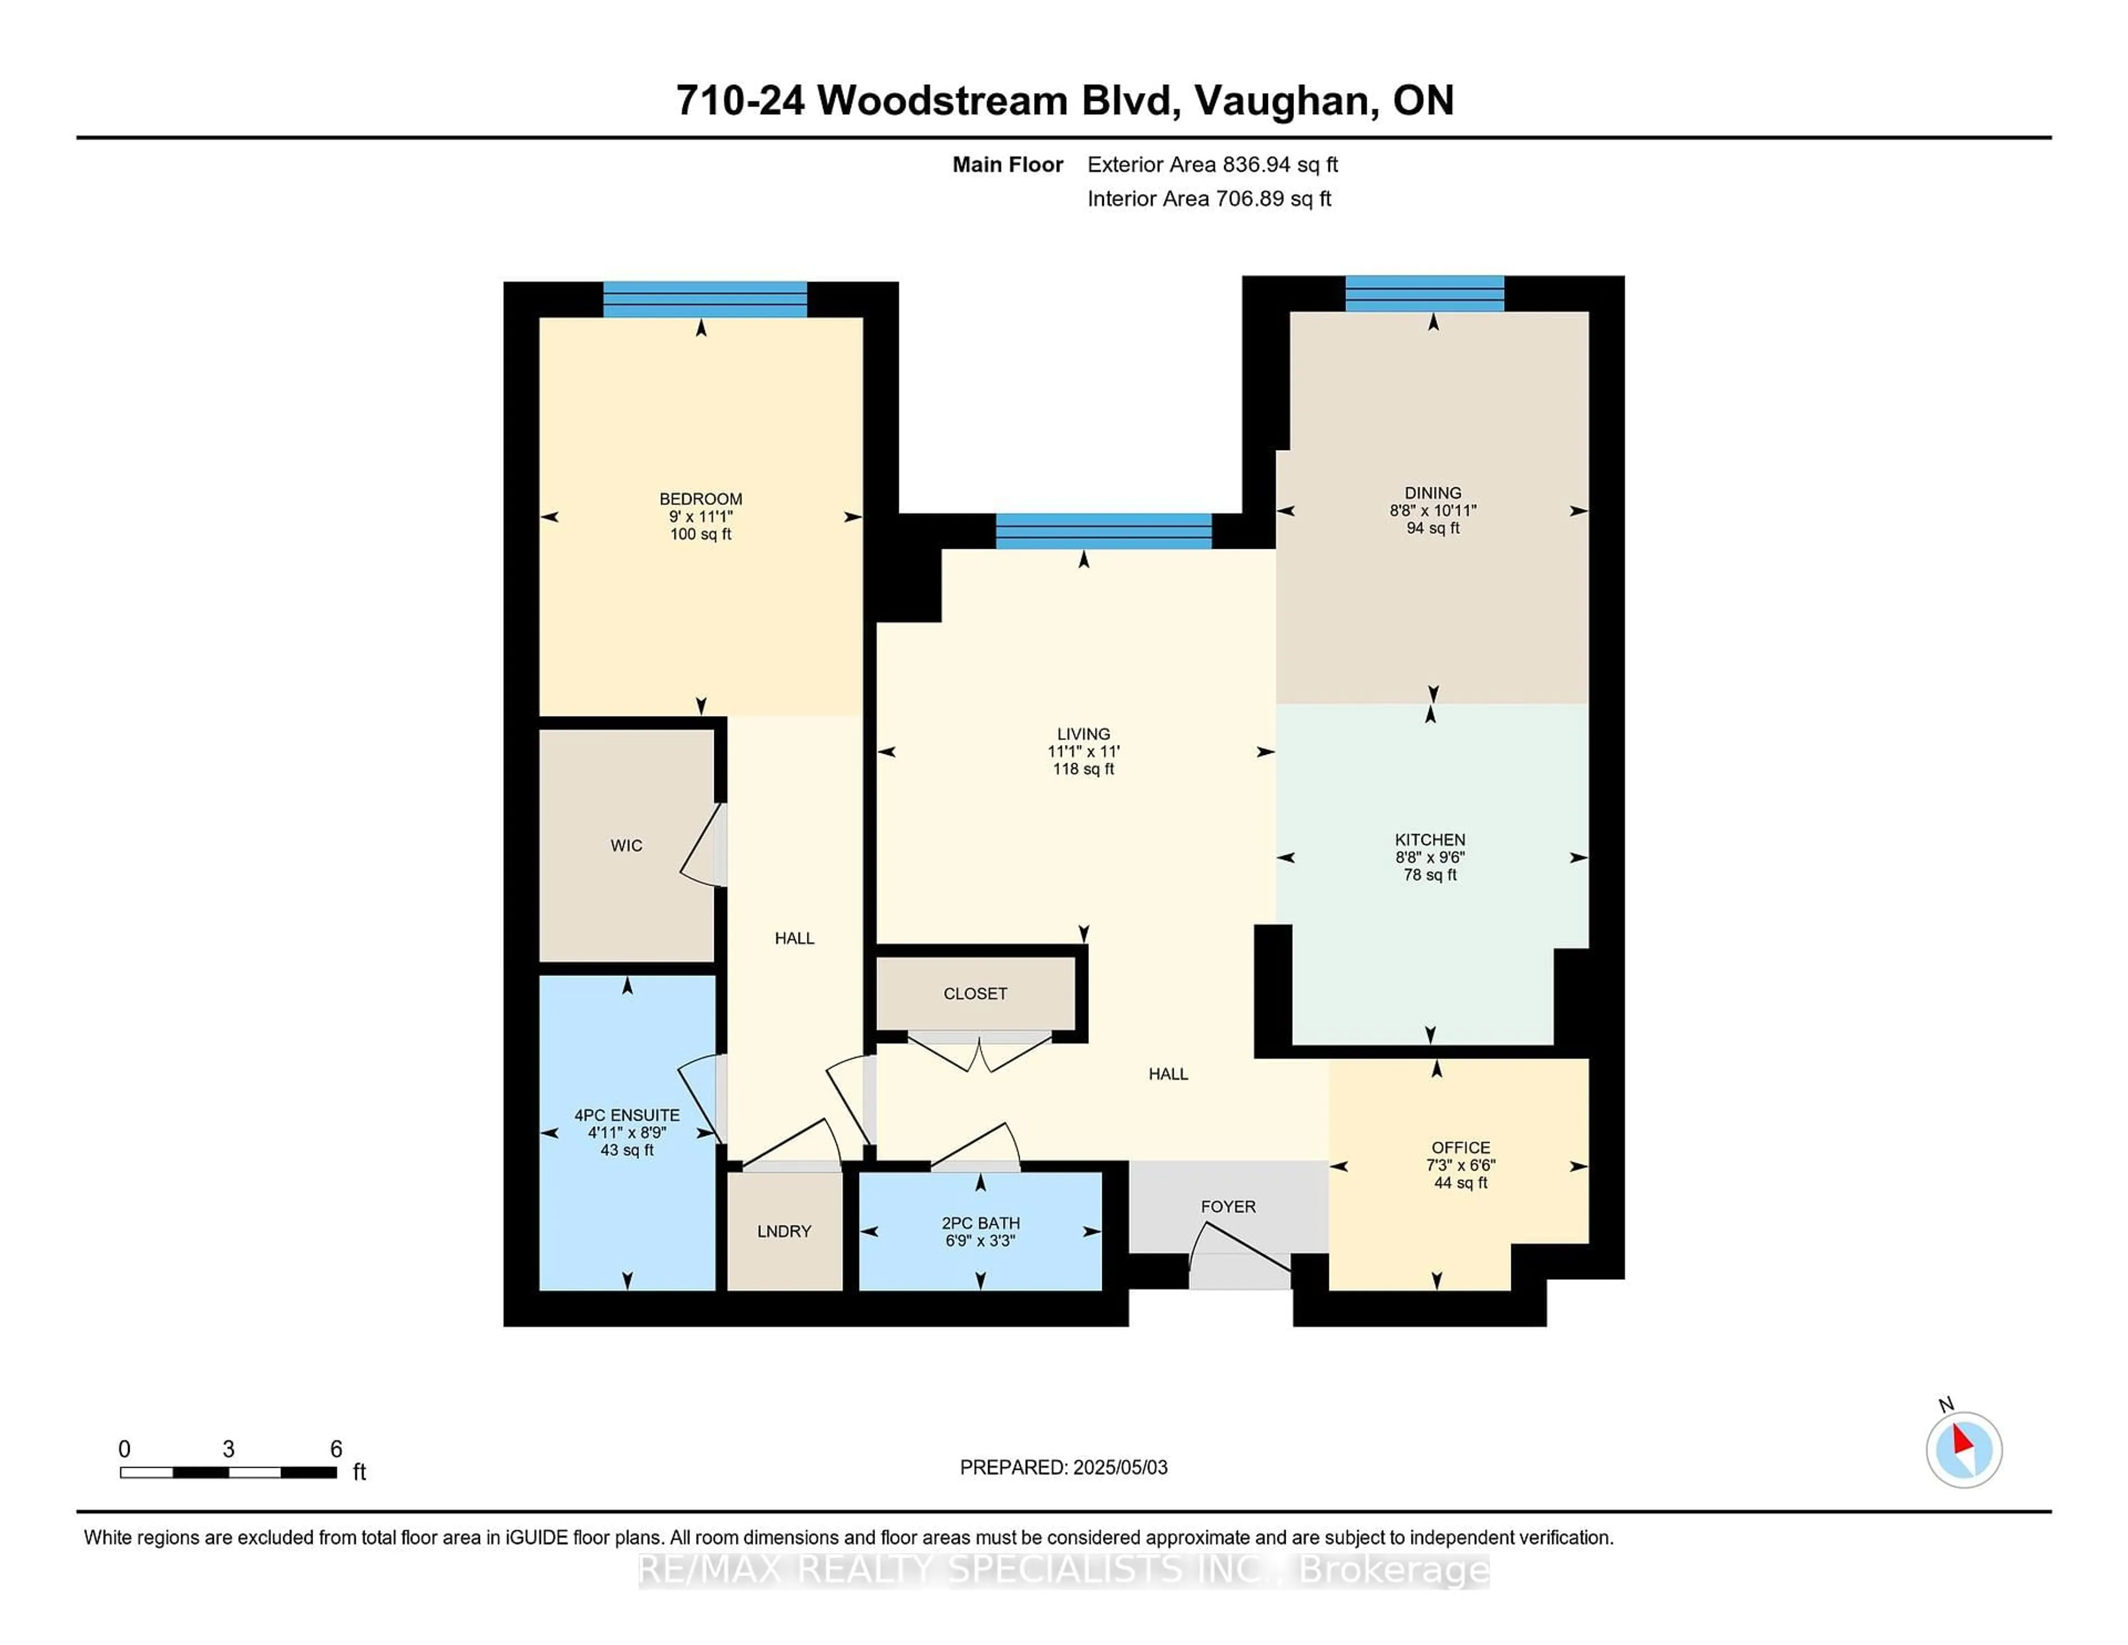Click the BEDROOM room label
pos(700,499)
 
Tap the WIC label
pos(627,846)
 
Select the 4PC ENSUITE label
pos(627,1115)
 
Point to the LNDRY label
pos(784,1232)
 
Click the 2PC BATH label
pos(980,1223)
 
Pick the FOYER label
pos(1227,1207)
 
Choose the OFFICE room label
pos(1461,1148)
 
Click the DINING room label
pos(1433,493)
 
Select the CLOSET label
pos(975,994)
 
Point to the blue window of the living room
pos(1103,531)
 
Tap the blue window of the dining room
pos(1425,293)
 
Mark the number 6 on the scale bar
pos(336,1449)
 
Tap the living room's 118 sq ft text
pos(1083,769)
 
